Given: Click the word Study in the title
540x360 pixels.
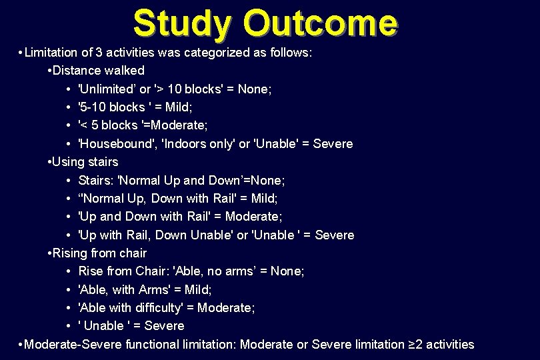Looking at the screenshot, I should tap(181, 23).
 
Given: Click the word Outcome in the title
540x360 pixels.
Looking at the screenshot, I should tap(321, 23).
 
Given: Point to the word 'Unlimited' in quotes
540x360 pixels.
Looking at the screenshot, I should tap(107, 89).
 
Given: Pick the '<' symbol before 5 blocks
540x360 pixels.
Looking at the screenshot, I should tap(84, 125).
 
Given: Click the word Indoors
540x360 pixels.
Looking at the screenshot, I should tap(185, 144).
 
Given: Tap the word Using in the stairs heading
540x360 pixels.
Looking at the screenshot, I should tap(68, 162).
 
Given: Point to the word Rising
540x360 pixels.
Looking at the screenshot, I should tap(71, 253).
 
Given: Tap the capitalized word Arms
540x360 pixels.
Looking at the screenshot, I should tap(155, 290).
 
